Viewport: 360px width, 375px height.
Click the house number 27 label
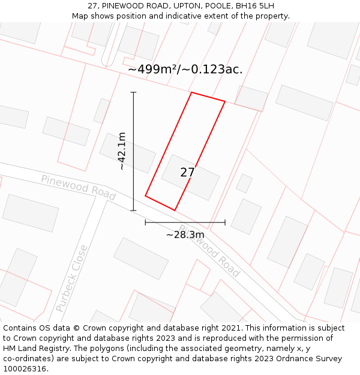point(187,173)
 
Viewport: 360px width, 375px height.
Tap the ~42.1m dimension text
point(122,151)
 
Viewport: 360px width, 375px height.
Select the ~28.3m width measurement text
point(185,235)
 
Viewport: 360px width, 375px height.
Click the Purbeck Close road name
point(71,278)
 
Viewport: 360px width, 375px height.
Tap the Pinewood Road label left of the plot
point(78,187)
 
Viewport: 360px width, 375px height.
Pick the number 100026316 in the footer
point(25,369)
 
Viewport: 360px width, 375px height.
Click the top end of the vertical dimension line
point(133,92)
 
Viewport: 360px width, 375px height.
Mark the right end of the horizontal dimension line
point(225,223)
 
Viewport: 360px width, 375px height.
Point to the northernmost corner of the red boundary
point(191,92)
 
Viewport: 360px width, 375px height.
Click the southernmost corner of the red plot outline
point(175,210)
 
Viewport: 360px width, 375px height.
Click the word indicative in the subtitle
point(199,16)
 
